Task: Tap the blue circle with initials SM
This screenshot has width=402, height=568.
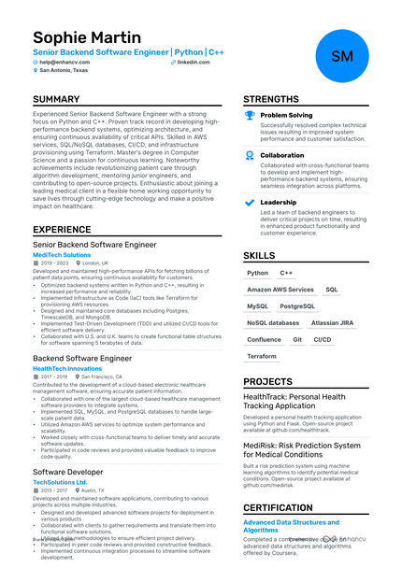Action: tap(341, 56)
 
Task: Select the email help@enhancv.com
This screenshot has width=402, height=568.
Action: tap(64, 62)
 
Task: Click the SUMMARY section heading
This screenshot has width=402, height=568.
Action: tap(56, 99)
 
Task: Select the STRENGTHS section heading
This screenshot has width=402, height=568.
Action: tap(272, 99)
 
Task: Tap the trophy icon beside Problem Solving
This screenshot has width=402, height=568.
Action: tap(249, 116)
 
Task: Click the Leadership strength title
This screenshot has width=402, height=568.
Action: tap(278, 202)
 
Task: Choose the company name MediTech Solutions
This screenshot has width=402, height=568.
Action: tap(62, 254)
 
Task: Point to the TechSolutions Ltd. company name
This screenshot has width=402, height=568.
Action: tap(66, 482)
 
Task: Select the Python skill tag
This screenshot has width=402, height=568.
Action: tap(257, 274)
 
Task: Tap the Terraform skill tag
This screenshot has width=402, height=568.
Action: tap(262, 356)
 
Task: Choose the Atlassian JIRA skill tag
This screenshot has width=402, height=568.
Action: tap(332, 322)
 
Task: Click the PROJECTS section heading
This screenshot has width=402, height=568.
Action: tap(267, 381)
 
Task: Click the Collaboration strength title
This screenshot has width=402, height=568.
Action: tap(281, 156)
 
